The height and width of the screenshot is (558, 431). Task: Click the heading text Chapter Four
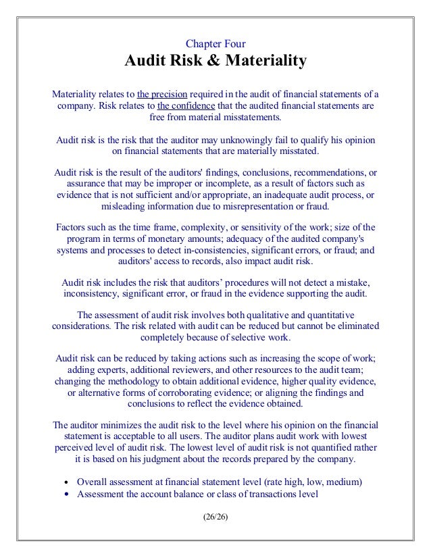(215, 45)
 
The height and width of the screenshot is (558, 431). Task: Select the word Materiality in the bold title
(265, 62)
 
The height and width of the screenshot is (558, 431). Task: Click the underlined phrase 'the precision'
(161, 94)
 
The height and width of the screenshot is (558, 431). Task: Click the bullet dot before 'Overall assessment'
(66, 482)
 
